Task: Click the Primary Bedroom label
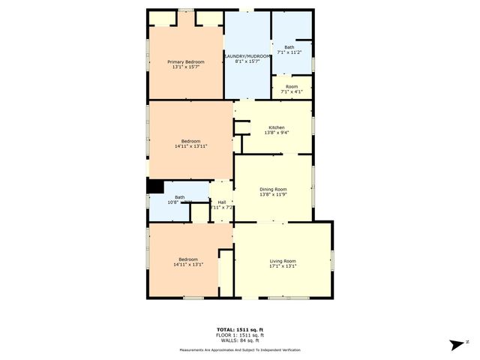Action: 185,61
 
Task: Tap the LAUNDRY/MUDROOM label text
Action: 247,57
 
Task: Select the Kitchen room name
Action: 276,127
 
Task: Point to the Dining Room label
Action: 273,190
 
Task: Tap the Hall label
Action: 222,202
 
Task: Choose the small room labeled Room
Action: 291,86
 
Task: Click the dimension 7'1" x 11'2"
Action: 289,52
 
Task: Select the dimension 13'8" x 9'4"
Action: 276,133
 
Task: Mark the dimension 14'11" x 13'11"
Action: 190,146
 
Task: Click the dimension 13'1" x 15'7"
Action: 185,67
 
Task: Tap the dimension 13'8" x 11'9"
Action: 273,195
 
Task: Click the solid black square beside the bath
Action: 154,187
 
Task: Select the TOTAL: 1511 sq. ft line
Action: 240,329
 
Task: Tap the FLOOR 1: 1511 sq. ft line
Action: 240,334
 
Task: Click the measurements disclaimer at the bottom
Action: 240,350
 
